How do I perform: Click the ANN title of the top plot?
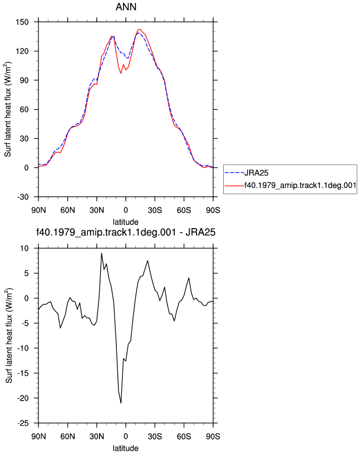pos(126,7)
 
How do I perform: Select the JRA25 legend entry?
pos(257,173)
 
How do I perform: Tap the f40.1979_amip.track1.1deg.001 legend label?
pos(300,185)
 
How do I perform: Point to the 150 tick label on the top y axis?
pos(22,22)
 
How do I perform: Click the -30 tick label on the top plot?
pos(23,197)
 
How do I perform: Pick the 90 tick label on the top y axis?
pos(24,80)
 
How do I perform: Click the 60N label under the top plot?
pos(67,210)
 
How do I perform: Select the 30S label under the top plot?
pos(155,210)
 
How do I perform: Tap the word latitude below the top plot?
pos(126,222)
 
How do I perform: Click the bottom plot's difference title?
pos(126,232)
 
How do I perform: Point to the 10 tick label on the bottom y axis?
pos(24,249)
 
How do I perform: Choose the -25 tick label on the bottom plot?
pos(23,423)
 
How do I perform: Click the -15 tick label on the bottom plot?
pos(23,373)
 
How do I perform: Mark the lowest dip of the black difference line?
pos(121,403)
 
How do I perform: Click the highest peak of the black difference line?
pos(101,253)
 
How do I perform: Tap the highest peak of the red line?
pos(140,29)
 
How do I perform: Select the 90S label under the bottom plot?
pos(213,436)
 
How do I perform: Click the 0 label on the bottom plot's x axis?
pos(126,436)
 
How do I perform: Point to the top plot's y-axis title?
pos(8,110)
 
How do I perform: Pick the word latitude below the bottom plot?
pos(126,448)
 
